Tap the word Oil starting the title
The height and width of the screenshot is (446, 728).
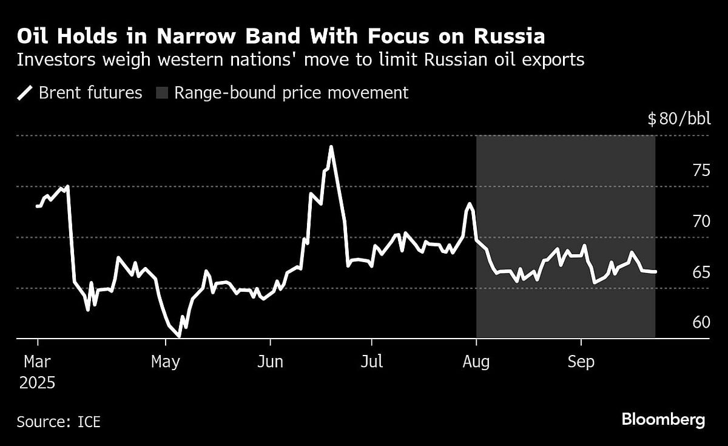[x=33, y=37]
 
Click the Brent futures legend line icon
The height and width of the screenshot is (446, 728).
[x=25, y=93]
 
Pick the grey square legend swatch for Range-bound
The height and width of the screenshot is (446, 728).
[x=162, y=93]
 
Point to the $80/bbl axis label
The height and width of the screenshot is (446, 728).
[x=678, y=119]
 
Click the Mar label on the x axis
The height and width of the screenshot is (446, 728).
[x=38, y=362]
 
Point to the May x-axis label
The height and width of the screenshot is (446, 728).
[x=165, y=362]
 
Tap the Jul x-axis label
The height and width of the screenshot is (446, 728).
[x=371, y=362]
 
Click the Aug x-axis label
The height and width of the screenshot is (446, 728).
[x=476, y=362]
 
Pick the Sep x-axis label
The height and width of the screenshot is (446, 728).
[x=581, y=362]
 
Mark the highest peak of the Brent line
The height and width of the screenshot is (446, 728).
[x=331, y=147]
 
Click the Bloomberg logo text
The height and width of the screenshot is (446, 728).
[x=663, y=419]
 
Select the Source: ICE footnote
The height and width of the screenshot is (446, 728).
[x=58, y=422]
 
